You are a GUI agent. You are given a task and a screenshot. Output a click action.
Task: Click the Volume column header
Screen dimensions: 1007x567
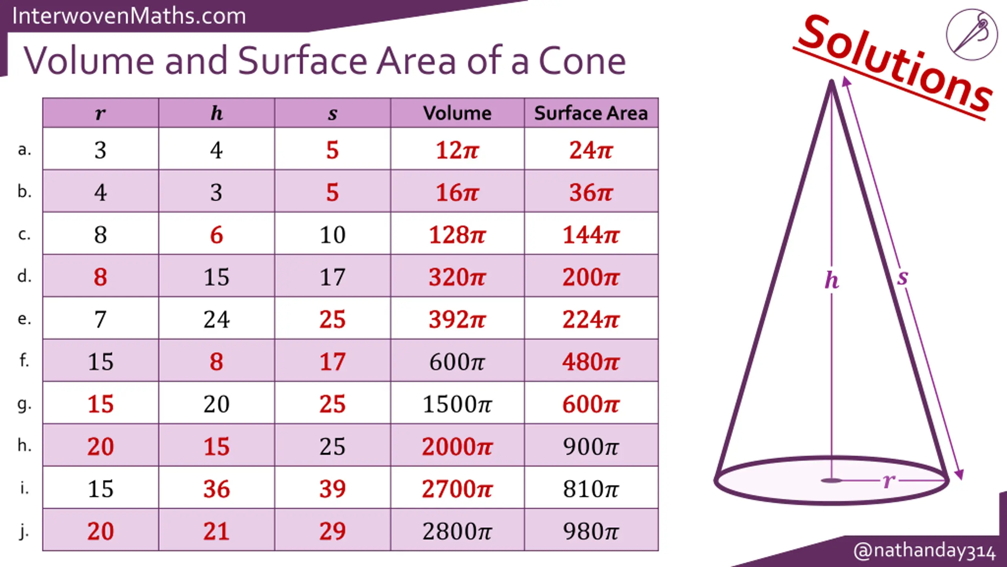[457, 113]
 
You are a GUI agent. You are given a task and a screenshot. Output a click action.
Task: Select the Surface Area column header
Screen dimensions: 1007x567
[591, 113]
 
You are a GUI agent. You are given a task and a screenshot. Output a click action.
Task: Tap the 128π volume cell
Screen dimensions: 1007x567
[457, 235]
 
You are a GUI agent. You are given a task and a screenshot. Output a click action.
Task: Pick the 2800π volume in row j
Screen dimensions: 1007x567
[457, 531]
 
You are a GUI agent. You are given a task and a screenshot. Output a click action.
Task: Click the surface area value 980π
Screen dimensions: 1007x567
[591, 531]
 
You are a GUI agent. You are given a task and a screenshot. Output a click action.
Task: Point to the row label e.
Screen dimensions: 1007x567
[24, 319]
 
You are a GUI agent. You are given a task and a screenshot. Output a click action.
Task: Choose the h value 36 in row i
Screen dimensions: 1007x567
[216, 489]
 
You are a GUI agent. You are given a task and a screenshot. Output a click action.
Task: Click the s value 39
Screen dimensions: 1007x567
[332, 489]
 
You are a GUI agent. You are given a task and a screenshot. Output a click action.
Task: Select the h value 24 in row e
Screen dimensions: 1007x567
[216, 319]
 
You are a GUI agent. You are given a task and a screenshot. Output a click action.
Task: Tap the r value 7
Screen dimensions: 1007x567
[100, 319]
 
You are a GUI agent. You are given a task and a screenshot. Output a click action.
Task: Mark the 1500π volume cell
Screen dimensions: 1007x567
[457, 404]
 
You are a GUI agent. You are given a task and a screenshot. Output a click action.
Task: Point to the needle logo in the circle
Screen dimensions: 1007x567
[972, 35]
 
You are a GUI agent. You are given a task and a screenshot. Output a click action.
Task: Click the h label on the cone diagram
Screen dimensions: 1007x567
[832, 280]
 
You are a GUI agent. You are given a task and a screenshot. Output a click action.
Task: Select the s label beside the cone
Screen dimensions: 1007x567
[902, 277]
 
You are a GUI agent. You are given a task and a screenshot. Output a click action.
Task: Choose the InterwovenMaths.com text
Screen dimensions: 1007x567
[129, 16]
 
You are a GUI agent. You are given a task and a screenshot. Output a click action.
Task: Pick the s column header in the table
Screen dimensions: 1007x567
[332, 114]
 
